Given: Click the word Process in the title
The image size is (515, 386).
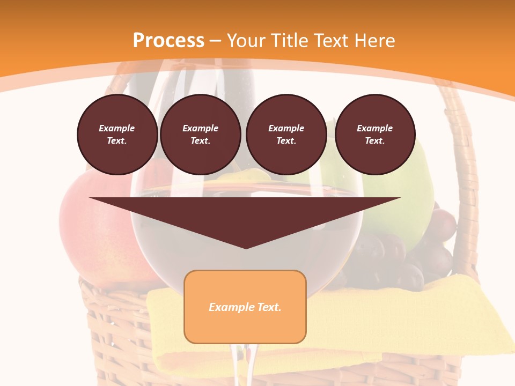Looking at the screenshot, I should [x=168, y=41].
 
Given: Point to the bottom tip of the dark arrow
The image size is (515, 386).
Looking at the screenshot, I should [x=246, y=247].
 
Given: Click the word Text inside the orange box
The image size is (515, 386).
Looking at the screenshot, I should [x=267, y=307].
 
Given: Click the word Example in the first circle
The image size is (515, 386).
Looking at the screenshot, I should [x=117, y=128].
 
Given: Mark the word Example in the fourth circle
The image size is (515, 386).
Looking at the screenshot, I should [x=374, y=128].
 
